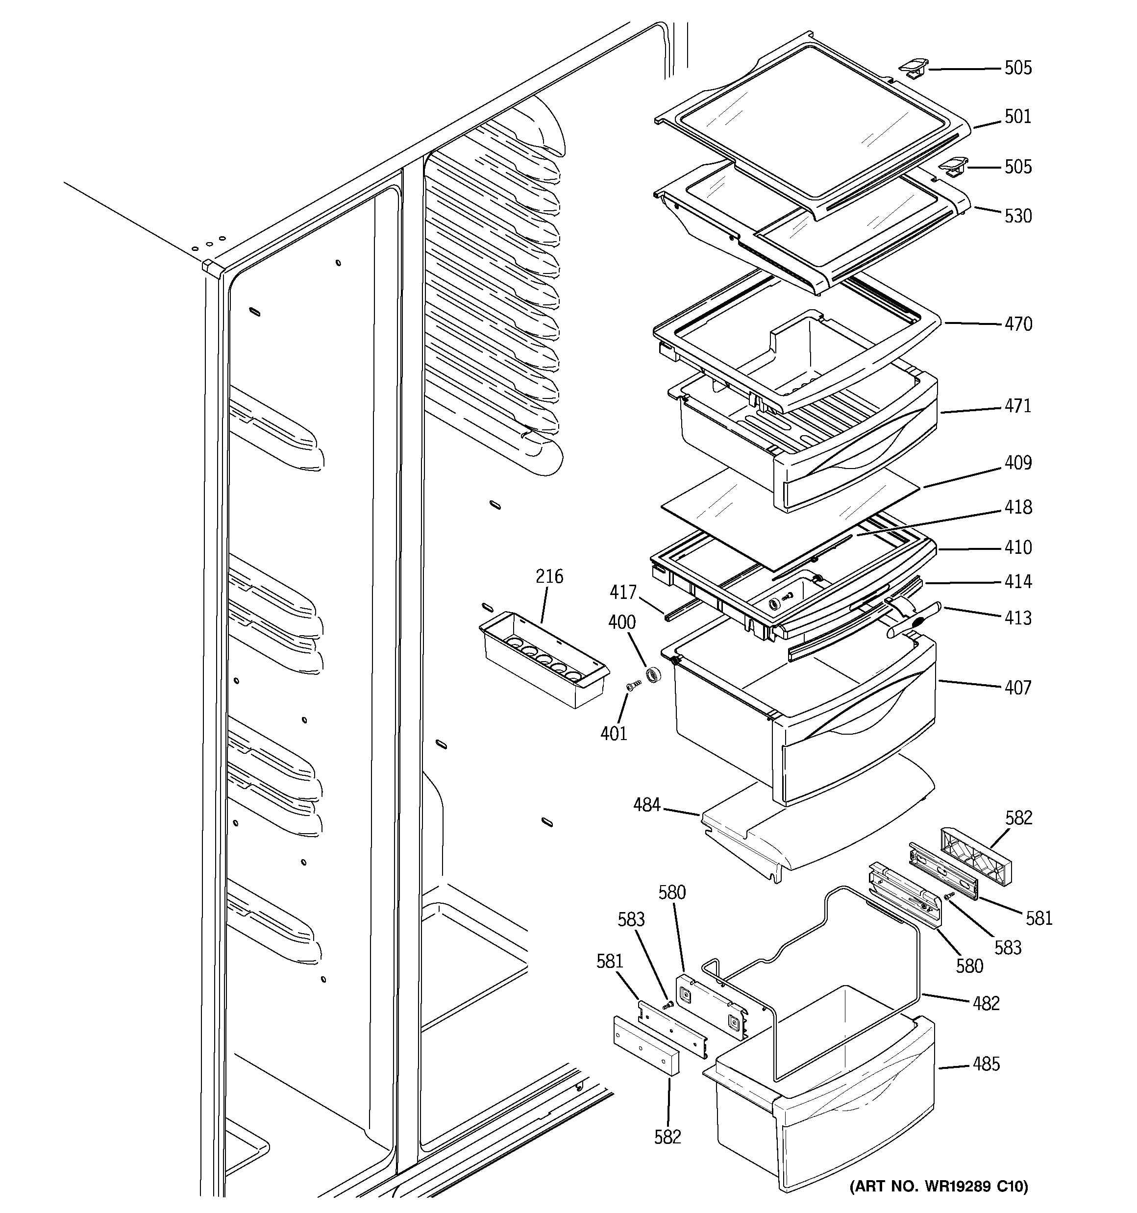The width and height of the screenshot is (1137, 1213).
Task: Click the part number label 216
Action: [x=549, y=576]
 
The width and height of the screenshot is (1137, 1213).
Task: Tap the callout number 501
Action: [x=1017, y=117]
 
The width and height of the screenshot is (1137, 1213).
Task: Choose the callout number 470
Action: [x=1018, y=324]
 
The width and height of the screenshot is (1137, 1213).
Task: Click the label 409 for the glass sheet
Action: [x=1018, y=463]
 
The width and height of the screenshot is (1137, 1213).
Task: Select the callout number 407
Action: [x=1018, y=688]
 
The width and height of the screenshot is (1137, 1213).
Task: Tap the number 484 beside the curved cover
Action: [x=646, y=805]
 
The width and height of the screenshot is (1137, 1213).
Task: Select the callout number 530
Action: [x=1018, y=216]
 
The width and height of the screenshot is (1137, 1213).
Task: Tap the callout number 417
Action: [x=622, y=592]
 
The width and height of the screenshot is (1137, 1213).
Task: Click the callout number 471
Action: [x=1018, y=406]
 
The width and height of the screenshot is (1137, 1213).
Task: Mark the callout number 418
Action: [x=1018, y=507]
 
